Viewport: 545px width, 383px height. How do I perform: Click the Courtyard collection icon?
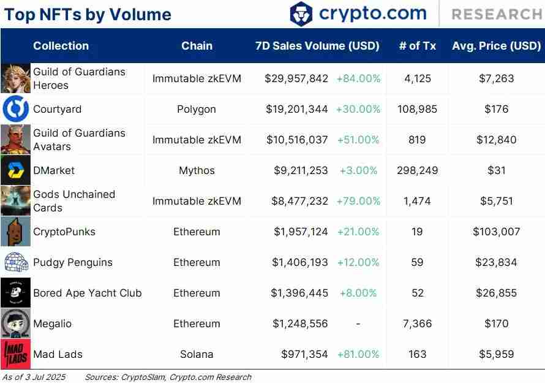click(x=15, y=109)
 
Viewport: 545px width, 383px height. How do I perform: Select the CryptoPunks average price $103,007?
click(x=496, y=232)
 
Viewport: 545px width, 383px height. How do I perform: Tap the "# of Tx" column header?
click(x=417, y=46)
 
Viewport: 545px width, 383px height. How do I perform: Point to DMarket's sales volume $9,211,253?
click(x=301, y=170)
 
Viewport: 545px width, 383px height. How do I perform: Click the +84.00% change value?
click(x=358, y=78)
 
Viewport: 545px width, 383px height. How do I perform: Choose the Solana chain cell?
click(x=197, y=354)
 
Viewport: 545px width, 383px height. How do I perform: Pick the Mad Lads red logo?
click(x=15, y=354)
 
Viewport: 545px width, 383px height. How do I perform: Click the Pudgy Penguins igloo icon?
click(x=15, y=262)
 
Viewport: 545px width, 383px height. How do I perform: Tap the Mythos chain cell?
click(x=197, y=170)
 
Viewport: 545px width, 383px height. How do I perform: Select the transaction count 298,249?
click(x=417, y=170)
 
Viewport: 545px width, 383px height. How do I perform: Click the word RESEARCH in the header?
click(x=496, y=14)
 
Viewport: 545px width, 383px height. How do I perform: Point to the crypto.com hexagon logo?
click(x=301, y=13)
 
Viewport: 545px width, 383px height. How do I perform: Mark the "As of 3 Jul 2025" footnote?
click(x=34, y=377)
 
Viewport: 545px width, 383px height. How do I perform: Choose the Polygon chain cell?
click(x=197, y=109)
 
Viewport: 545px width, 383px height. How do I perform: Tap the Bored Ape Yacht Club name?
click(x=87, y=293)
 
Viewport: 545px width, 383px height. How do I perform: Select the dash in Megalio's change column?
click(x=358, y=324)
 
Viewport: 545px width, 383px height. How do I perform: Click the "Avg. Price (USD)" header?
click(x=496, y=46)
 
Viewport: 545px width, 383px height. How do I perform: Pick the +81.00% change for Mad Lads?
click(x=358, y=354)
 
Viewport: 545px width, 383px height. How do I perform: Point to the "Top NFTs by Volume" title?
click(x=88, y=15)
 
